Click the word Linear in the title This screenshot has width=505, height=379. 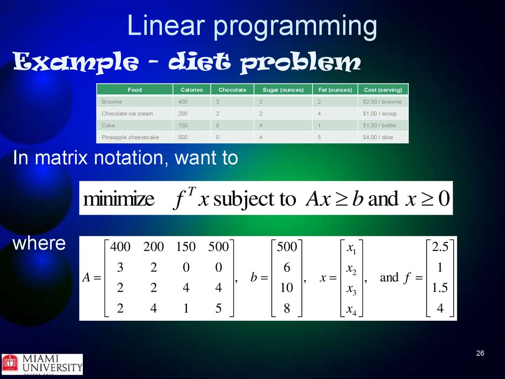(x=166, y=26)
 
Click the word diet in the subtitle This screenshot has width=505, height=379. (x=199, y=61)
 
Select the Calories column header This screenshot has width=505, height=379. (x=192, y=90)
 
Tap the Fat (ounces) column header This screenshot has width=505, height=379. (x=335, y=90)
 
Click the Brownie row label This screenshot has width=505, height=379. (x=112, y=102)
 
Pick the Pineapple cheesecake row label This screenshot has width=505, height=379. (x=130, y=137)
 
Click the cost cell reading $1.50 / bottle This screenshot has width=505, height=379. (x=379, y=125)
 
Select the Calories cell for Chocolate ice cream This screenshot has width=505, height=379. (x=182, y=114)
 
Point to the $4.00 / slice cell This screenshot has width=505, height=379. (x=378, y=137)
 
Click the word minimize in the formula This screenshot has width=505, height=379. (x=119, y=199)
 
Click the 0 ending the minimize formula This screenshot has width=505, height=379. (x=444, y=198)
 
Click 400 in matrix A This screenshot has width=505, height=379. (x=120, y=247)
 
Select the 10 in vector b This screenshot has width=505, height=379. (x=287, y=287)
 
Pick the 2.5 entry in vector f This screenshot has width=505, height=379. (x=440, y=247)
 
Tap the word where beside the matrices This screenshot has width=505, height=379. (x=39, y=243)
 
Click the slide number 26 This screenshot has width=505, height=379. (x=480, y=353)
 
